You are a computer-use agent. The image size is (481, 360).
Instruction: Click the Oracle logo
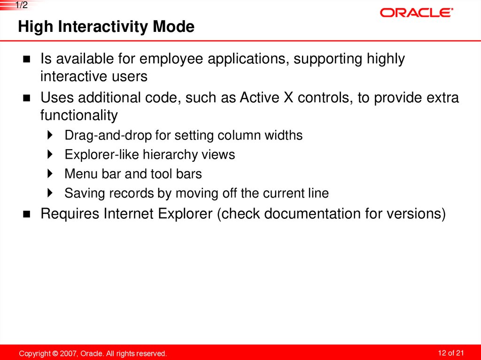pyautogui.click(x=416, y=13)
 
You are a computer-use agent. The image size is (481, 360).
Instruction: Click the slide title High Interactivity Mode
pyautogui.click(x=106, y=27)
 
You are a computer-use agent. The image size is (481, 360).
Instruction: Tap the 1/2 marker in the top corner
pyautogui.click(x=22, y=5)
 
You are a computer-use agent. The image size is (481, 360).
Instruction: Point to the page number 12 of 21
pyautogui.click(x=450, y=353)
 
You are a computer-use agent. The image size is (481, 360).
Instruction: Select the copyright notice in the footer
pyautogui.click(x=93, y=353)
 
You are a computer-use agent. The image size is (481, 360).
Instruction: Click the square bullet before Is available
pyautogui.click(x=26, y=60)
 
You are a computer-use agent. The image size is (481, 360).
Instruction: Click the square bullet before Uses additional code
pyautogui.click(x=26, y=99)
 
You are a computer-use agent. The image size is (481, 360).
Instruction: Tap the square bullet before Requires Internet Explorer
pyautogui.click(x=26, y=214)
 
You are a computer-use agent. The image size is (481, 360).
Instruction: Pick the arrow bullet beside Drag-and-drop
pyautogui.click(x=50, y=136)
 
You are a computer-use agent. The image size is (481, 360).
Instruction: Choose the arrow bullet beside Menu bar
pyautogui.click(x=50, y=174)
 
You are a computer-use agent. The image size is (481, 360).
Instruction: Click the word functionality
pyautogui.click(x=79, y=115)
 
